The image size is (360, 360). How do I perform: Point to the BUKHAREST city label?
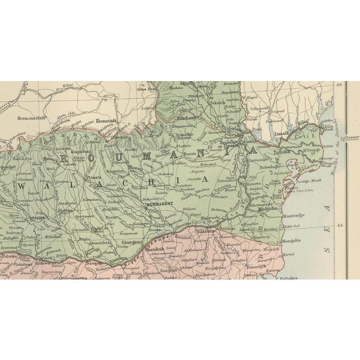[157, 206]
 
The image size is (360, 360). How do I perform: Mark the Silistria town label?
[206, 231]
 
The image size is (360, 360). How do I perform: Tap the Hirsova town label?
[250, 183]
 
